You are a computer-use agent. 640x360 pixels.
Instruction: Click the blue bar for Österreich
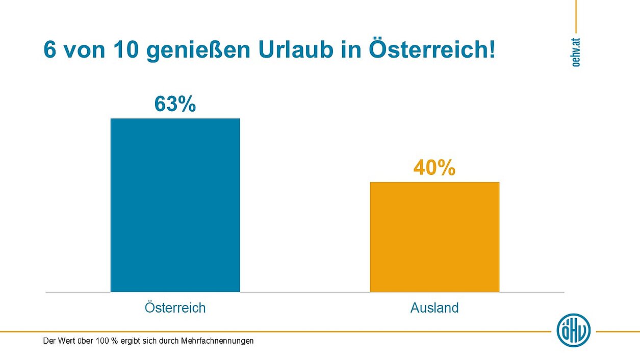(x=175, y=205)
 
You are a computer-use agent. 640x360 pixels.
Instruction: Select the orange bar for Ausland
(x=434, y=237)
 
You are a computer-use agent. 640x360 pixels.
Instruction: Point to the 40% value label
(x=434, y=168)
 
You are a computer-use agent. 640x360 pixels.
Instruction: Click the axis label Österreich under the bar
(x=175, y=308)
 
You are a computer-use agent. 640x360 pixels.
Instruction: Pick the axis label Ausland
(x=434, y=308)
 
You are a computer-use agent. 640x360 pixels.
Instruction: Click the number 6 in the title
(x=49, y=51)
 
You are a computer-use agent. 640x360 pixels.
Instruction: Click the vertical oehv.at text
(x=576, y=52)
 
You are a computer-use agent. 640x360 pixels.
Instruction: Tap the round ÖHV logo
(x=574, y=330)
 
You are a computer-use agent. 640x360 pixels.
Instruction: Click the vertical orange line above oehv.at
(x=576, y=15)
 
